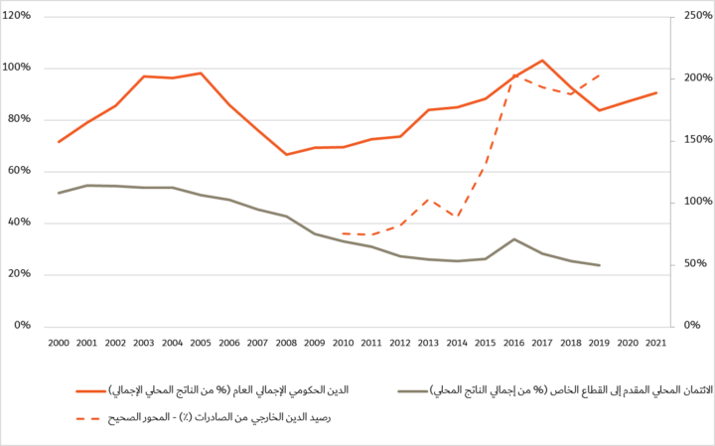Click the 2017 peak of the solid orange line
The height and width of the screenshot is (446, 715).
click(x=542, y=61)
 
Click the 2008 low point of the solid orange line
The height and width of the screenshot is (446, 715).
click(x=286, y=154)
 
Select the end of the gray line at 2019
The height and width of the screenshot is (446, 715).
click(x=599, y=265)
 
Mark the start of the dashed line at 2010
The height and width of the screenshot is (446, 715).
click(x=343, y=233)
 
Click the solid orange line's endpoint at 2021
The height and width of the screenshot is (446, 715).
click(x=656, y=92)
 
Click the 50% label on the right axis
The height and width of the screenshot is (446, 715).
click(x=692, y=264)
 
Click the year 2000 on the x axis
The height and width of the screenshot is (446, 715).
click(x=59, y=342)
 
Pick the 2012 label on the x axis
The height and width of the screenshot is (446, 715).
click(x=400, y=342)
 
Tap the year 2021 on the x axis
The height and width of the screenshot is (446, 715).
click(x=656, y=342)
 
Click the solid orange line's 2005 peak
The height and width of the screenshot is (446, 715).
click(x=201, y=73)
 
